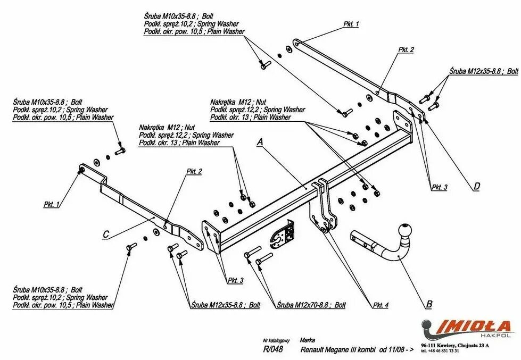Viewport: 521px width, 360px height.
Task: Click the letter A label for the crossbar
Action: (260, 141)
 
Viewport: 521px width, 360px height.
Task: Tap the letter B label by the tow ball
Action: (429, 305)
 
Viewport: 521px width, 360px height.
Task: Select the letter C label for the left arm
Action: (106, 234)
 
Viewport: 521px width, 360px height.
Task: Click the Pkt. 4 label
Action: (381, 305)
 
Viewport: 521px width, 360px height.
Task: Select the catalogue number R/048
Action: (273, 349)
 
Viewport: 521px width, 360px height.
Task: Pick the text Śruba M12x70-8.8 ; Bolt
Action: (311, 305)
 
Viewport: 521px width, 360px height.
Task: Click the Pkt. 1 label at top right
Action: (351, 24)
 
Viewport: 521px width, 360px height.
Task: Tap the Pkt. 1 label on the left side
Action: (52, 204)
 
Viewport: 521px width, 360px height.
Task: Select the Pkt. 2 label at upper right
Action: (406, 49)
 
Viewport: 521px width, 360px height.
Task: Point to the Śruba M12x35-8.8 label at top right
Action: (483, 71)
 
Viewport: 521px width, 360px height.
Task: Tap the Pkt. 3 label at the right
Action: (439, 187)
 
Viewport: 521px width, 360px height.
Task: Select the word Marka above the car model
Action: (307, 340)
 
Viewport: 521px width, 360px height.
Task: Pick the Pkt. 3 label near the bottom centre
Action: (235, 280)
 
